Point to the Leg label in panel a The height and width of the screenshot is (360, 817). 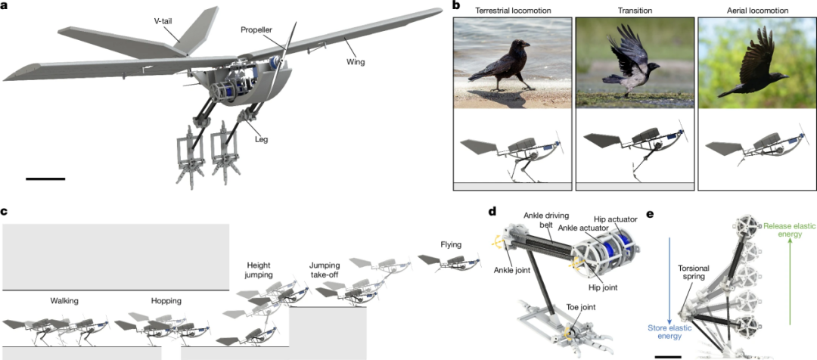coord(261,139)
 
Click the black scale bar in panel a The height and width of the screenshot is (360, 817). coord(45,178)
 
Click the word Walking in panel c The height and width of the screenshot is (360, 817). coord(64,301)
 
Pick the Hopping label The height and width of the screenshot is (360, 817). coord(166,301)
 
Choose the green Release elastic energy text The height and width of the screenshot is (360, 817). coord(789,230)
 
